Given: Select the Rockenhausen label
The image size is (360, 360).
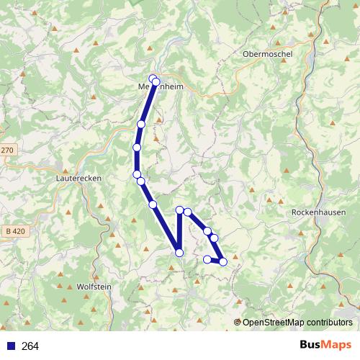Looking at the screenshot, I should [320, 213].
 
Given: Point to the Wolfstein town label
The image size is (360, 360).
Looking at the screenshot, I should [94, 286].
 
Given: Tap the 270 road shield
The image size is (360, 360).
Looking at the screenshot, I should [6, 150].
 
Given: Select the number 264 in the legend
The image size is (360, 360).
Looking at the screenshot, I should [30, 346].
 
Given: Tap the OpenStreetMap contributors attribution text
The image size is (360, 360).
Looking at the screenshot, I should [297, 322].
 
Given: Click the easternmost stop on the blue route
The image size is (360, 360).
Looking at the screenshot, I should [223, 261].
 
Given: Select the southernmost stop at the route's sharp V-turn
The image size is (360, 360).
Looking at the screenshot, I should [179, 252].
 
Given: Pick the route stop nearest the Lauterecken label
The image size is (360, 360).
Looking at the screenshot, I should [136, 174].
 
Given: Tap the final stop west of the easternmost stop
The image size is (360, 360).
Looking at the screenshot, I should [207, 259].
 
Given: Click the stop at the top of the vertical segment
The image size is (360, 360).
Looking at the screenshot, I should [179, 210].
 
